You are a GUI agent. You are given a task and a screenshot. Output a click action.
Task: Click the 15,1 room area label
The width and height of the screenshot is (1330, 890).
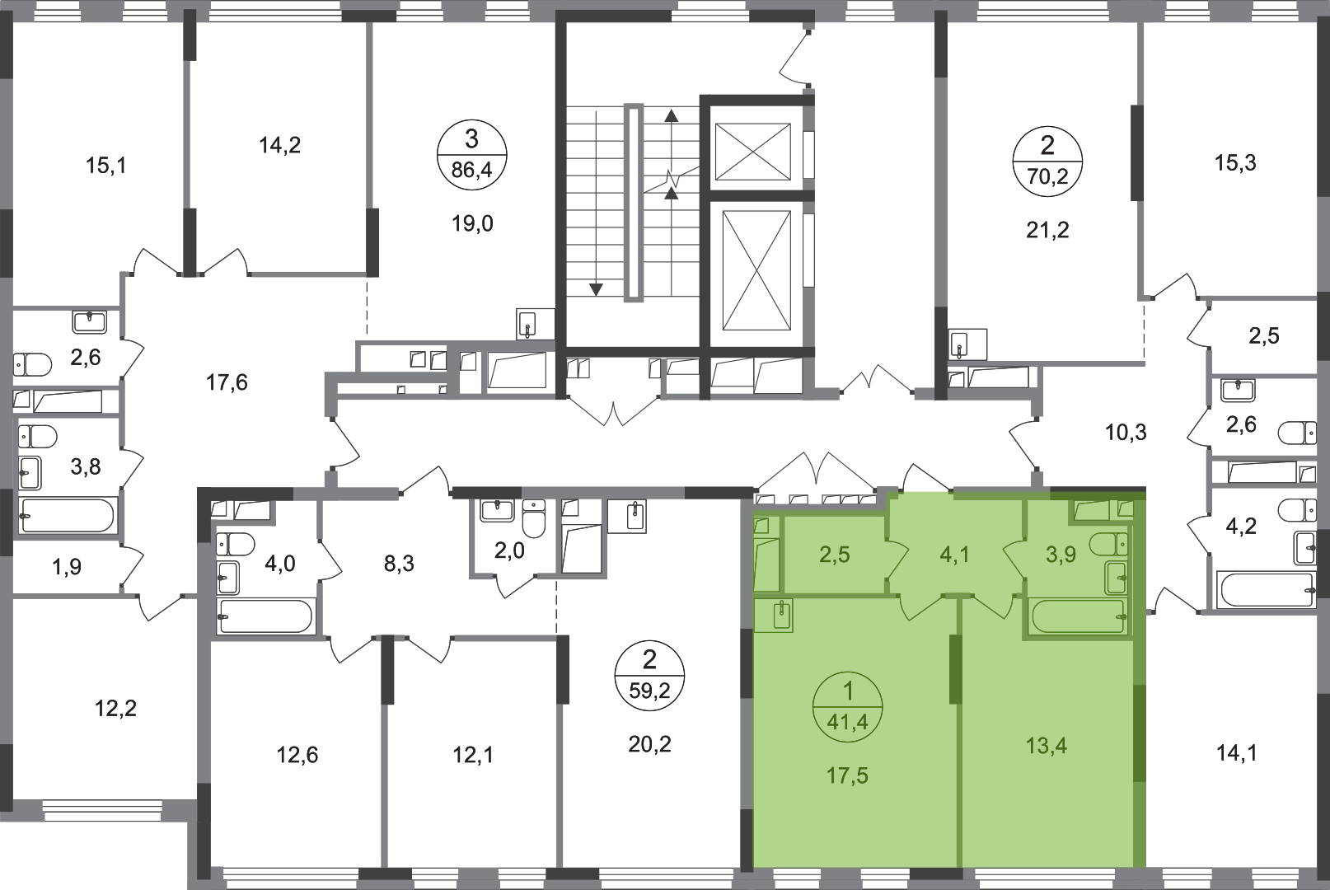(x=106, y=166)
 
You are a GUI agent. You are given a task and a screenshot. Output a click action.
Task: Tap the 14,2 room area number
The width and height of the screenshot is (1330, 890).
(x=279, y=145)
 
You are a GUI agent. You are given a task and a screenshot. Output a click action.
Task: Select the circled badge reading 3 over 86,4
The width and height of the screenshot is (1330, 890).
(x=472, y=155)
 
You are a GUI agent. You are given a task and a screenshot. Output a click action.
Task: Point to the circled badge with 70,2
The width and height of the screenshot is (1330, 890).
(x=1047, y=161)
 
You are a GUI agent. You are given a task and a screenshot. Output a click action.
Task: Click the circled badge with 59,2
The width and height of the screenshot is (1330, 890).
(x=649, y=676)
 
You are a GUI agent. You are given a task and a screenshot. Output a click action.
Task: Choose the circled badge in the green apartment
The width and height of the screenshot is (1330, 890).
(x=848, y=706)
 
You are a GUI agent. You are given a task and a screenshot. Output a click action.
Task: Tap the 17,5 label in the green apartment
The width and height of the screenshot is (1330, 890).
(x=847, y=775)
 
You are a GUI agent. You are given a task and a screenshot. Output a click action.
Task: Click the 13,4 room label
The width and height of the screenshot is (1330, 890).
(x=1047, y=745)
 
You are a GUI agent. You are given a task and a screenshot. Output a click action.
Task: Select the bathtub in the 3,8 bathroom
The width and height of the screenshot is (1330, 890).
(x=67, y=515)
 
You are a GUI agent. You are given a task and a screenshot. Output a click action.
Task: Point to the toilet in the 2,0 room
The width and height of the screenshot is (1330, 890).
(x=534, y=518)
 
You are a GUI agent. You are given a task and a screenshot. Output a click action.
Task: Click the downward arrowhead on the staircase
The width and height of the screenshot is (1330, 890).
(x=596, y=289)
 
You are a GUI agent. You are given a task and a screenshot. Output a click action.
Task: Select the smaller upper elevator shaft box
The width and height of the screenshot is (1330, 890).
(x=753, y=152)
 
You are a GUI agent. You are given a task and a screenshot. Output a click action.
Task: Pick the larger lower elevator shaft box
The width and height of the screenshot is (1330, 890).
(x=756, y=270)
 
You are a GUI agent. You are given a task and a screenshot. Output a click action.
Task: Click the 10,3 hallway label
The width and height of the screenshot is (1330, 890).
(x=1126, y=433)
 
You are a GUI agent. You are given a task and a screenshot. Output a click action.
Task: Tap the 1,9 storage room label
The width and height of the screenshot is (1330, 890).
(x=67, y=567)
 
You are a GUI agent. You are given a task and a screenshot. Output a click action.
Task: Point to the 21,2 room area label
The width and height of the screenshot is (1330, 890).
(x=1047, y=229)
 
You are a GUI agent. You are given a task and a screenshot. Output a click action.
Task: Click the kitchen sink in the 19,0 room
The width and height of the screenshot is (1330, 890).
(x=528, y=324)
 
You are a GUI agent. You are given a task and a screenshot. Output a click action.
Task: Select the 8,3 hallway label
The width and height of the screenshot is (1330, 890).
(x=399, y=564)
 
